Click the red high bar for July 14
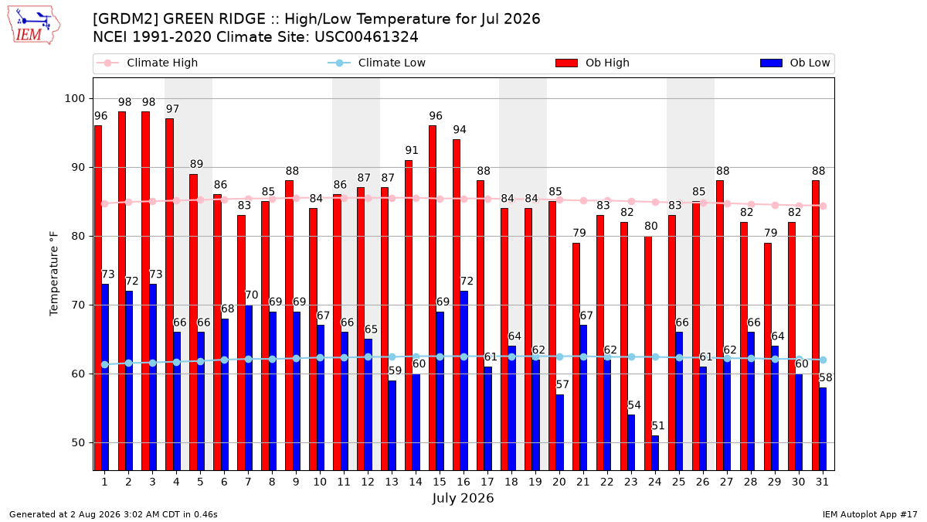(x=409, y=316)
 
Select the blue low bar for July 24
(x=655, y=453)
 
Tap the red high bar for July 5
(x=193, y=322)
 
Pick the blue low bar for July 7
(x=249, y=387)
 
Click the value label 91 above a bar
(x=411, y=150)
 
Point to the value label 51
(x=658, y=426)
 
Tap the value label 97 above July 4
(x=172, y=109)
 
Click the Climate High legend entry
(x=148, y=63)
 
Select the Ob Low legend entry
(x=795, y=63)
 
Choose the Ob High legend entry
(x=593, y=63)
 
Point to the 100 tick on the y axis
(x=74, y=99)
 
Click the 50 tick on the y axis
(x=78, y=443)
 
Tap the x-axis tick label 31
(x=822, y=483)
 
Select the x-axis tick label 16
(x=463, y=483)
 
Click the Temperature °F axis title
(x=54, y=274)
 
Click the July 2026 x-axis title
(x=463, y=498)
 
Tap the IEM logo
(x=33, y=26)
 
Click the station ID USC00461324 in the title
(x=366, y=37)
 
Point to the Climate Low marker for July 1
(x=105, y=364)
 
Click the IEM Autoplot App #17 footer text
(x=870, y=514)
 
